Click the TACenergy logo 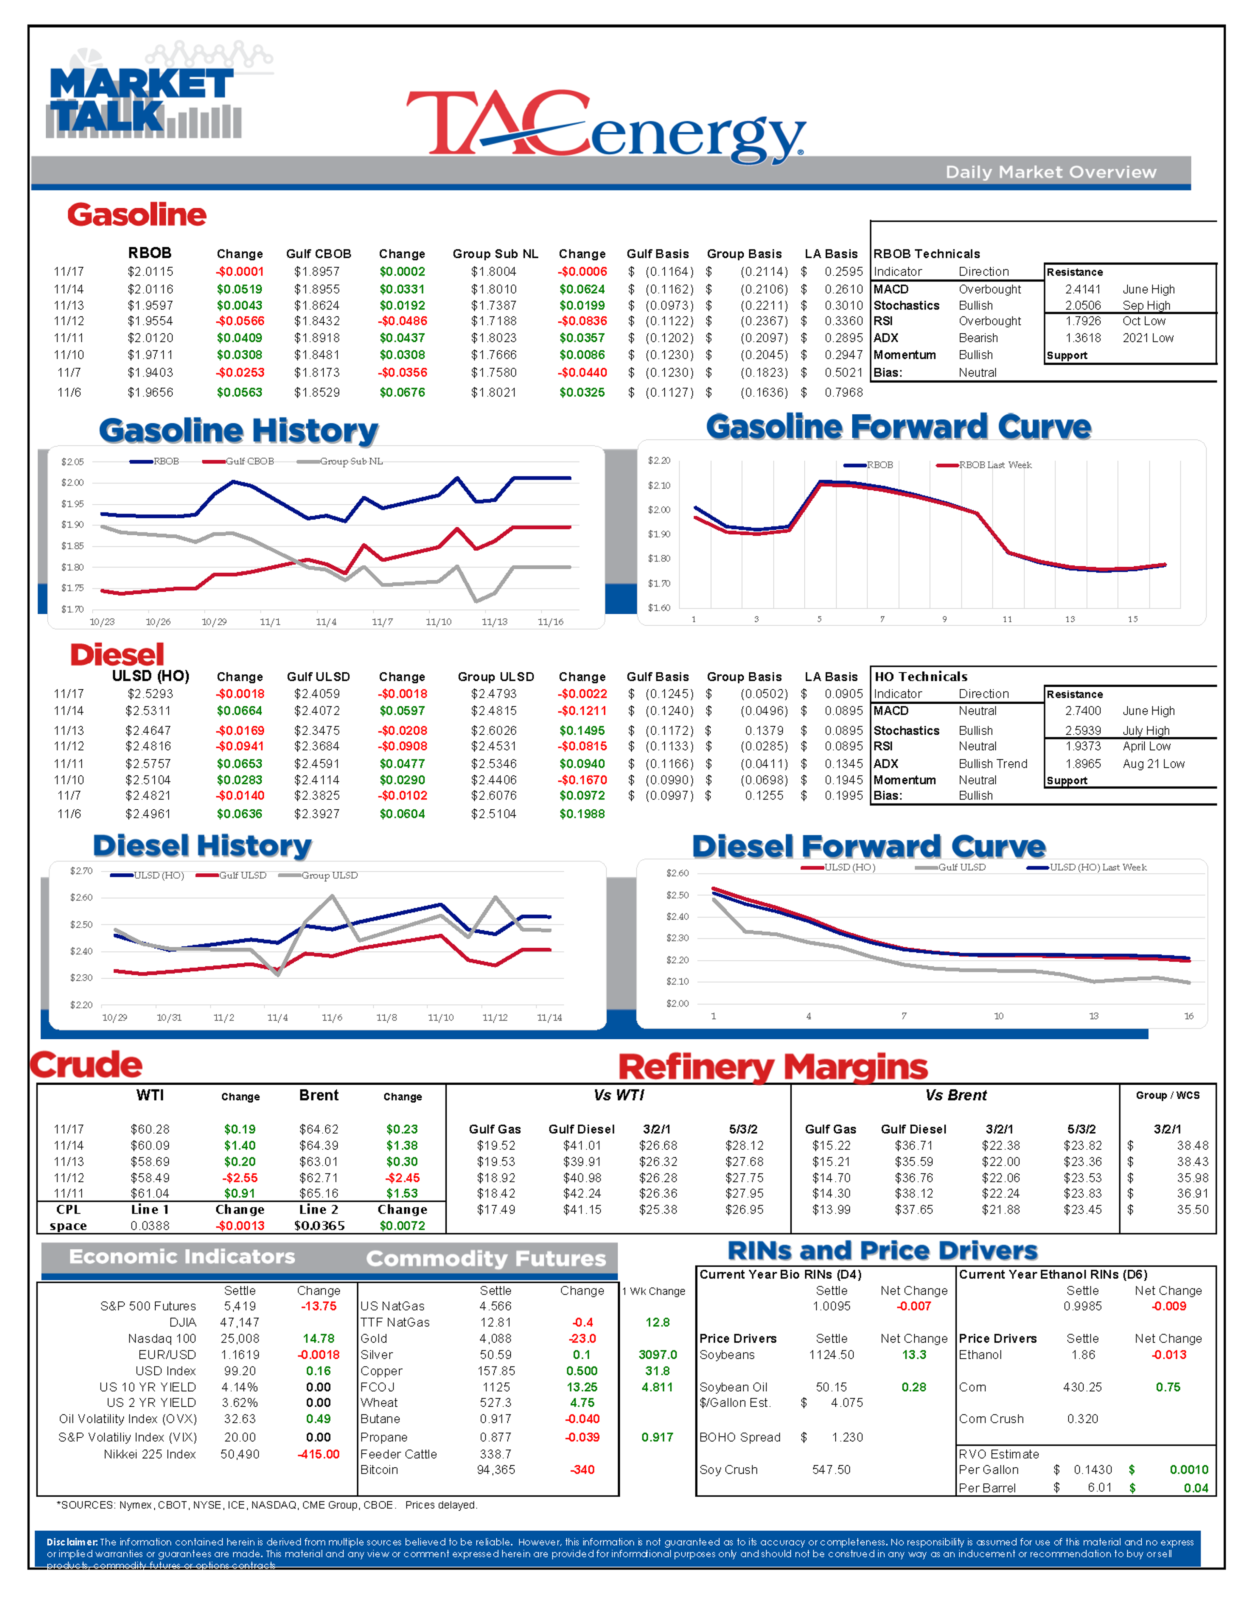[605, 125]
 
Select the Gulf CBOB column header [318, 254]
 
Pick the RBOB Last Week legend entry [995, 466]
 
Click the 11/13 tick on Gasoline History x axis [494, 622]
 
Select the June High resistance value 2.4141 [1083, 289]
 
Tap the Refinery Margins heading [773, 1067]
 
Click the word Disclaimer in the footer [71, 1542]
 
